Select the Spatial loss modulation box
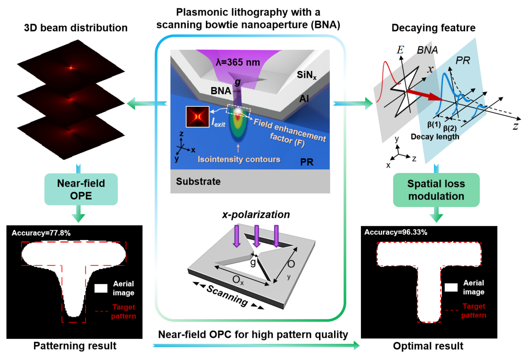tap(436, 189)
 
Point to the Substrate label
tap(198, 181)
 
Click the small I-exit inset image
tap(195, 117)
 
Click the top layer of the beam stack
tap(70, 67)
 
